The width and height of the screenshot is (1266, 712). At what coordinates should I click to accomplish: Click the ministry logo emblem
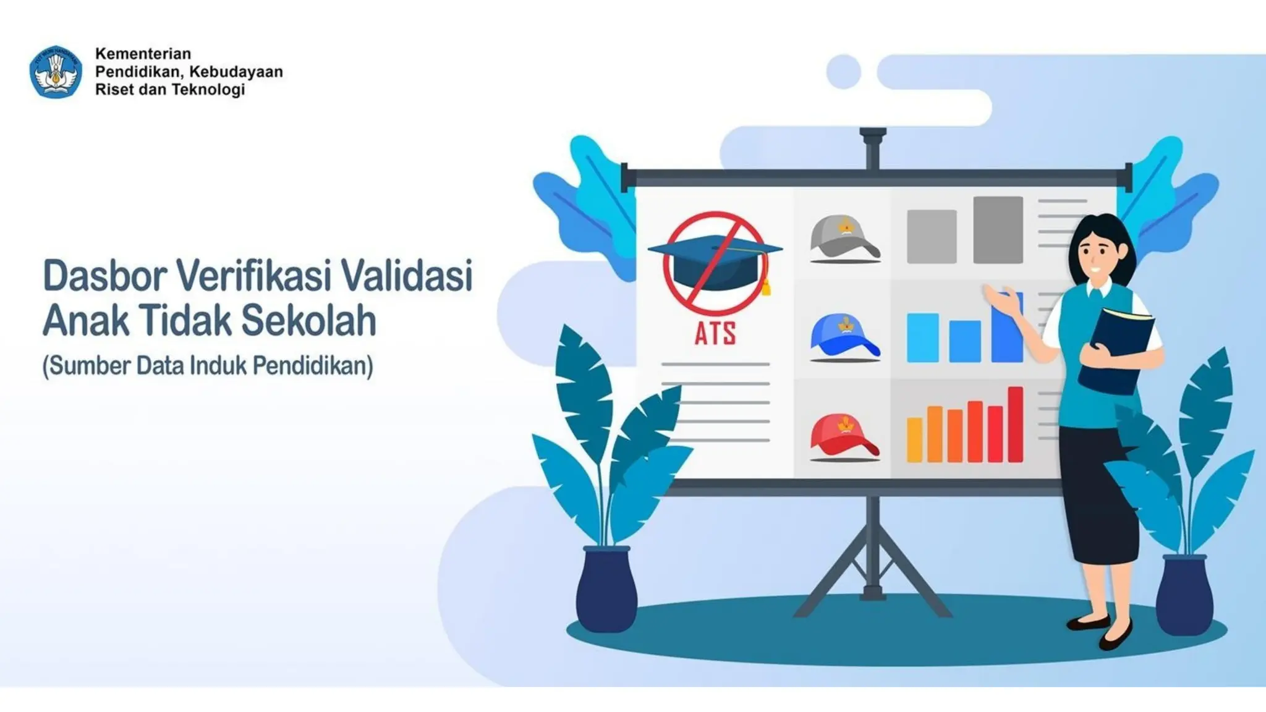pyautogui.click(x=56, y=72)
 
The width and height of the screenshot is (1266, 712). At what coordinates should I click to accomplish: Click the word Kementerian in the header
pyautogui.click(x=143, y=54)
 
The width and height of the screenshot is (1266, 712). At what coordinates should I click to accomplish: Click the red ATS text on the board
pyautogui.click(x=715, y=334)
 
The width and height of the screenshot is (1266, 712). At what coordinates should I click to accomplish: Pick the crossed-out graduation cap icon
pyautogui.click(x=715, y=263)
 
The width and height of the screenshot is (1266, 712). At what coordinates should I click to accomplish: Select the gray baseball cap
pyautogui.click(x=844, y=239)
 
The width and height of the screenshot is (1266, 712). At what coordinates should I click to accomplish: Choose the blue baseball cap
pyautogui.click(x=844, y=337)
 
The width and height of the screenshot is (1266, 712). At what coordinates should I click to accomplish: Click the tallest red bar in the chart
pyautogui.click(x=1015, y=425)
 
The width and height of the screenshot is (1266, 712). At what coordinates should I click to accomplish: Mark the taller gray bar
pyautogui.click(x=998, y=230)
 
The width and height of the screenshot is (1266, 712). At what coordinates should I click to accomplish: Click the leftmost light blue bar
pyautogui.click(x=922, y=337)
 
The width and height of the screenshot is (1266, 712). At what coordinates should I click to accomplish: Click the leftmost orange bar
pyautogui.click(x=914, y=440)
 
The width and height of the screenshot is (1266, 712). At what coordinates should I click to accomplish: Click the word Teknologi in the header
pyautogui.click(x=208, y=90)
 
